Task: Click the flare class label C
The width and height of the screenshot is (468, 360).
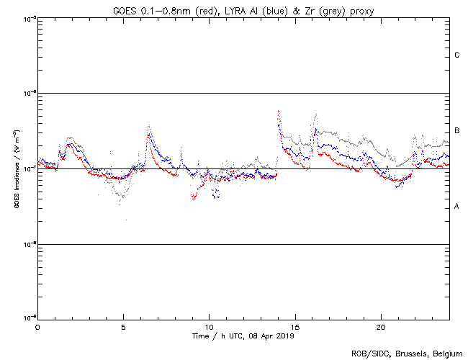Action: (457, 55)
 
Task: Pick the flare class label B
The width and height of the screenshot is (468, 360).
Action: (457, 131)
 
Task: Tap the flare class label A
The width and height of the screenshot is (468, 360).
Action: (457, 207)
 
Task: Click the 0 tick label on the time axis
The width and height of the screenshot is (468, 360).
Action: (37, 326)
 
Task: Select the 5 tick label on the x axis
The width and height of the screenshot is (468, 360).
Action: (123, 326)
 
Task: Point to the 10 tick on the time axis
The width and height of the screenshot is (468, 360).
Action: (209, 326)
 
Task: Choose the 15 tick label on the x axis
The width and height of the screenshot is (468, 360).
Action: (294, 326)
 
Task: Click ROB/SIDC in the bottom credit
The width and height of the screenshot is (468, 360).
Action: (368, 353)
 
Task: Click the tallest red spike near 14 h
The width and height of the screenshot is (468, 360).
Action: (279, 112)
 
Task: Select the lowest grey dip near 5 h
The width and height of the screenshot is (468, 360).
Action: (120, 204)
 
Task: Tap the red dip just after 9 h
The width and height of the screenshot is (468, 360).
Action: (194, 197)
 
